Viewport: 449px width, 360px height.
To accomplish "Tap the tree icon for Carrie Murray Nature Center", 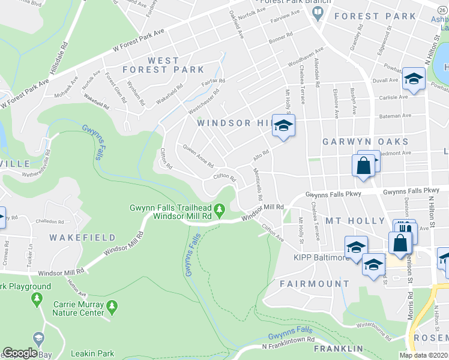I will (x=111, y=308).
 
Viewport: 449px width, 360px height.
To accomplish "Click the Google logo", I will (x=20, y=353).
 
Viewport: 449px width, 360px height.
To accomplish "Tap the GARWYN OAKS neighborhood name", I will (x=365, y=142).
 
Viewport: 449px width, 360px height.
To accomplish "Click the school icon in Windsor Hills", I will (x=283, y=126).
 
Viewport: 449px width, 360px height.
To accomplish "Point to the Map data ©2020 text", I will (x=424, y=355).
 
